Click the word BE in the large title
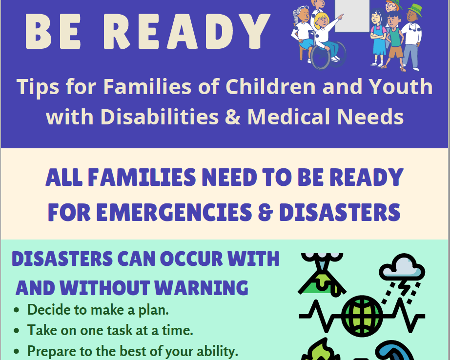pos(53,31)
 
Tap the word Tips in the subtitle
pos(38,87)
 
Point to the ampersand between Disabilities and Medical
pos(233,117)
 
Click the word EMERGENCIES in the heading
pos(174,212)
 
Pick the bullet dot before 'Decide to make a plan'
pos(17,310)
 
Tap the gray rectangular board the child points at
pos(352,16)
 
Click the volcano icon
pos(322,274)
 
